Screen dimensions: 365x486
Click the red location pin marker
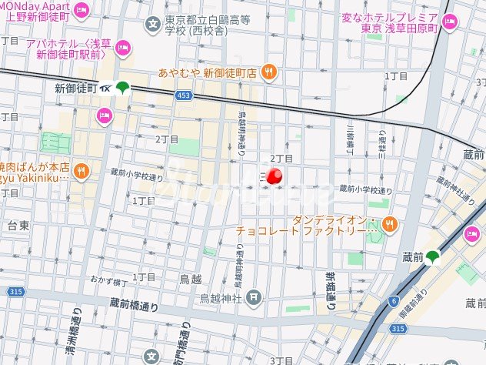point(275,176)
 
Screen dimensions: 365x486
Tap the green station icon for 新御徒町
point(124,89)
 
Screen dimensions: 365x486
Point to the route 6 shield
point(393,302)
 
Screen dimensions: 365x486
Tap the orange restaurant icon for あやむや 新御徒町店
point(268,72)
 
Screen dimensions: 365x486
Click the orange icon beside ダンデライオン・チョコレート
point(391,224)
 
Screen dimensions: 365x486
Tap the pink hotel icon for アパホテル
point(122,51)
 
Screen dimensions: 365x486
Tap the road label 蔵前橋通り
point(134,306)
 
